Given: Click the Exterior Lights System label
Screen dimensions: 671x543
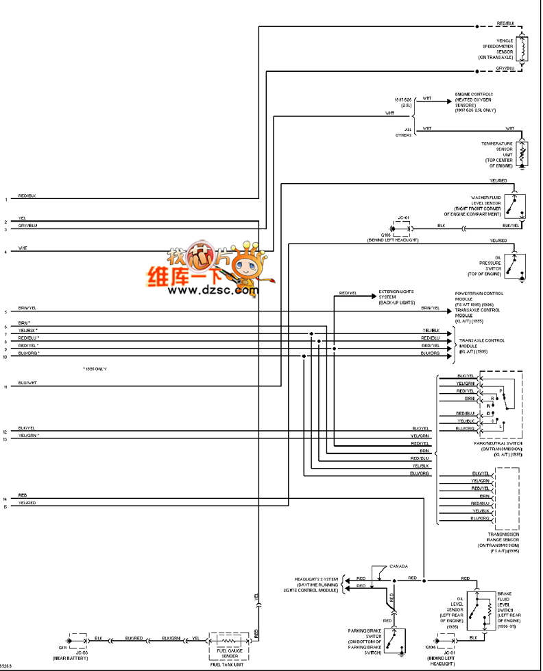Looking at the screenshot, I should [397, 296].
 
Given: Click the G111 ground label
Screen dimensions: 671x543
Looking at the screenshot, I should [62, 647].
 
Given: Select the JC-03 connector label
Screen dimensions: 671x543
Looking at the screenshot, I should [77, 652].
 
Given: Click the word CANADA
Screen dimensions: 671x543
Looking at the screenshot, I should [398, 566].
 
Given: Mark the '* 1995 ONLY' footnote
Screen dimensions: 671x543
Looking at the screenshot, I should [95, 369].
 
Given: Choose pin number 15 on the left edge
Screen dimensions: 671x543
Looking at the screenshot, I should [5, 507].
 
